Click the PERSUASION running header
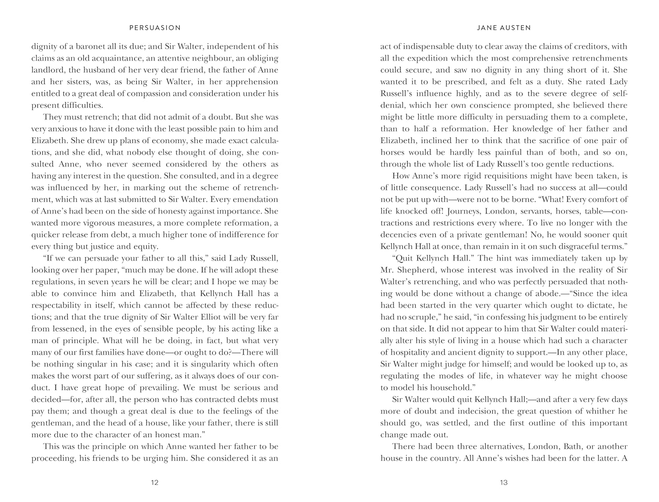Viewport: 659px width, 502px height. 155,28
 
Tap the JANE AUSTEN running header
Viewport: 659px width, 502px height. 504,28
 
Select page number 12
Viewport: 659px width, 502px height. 155,482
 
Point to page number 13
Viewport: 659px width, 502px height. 504,482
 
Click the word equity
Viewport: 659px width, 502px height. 146,246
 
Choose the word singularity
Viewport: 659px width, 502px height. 206,364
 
